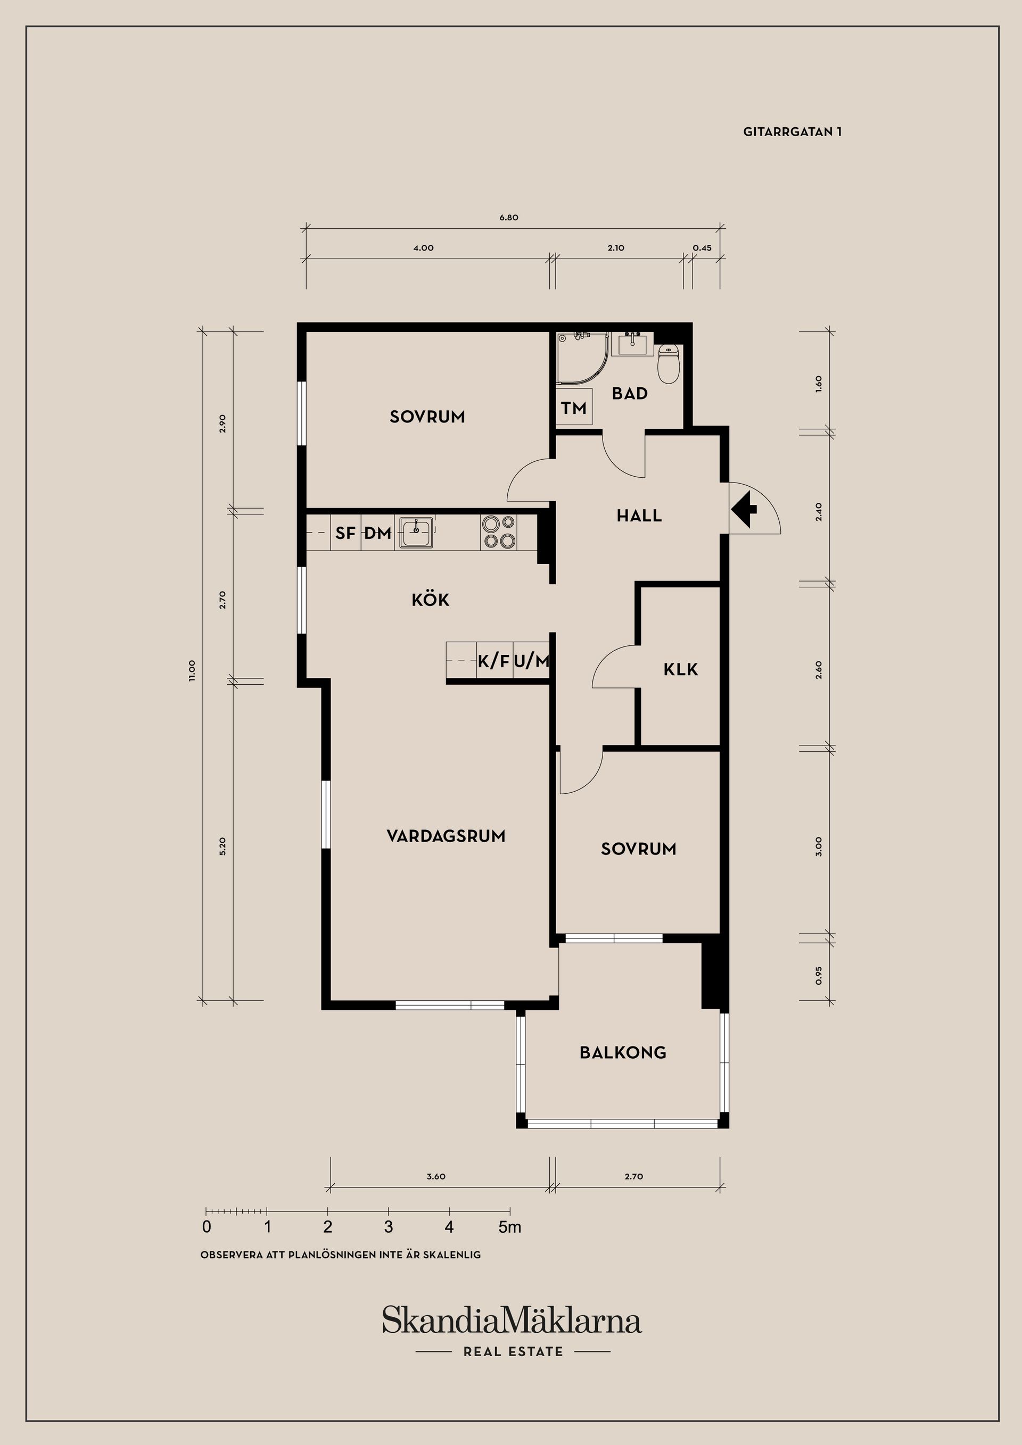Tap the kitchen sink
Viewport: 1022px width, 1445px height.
tap(416, 533)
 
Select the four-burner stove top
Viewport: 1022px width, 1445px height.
tap(498, 533)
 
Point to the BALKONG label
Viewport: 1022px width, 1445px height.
tap(623, 1052)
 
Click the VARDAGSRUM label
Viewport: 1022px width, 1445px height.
tap(446, 836)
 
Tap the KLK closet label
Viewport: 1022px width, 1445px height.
tap(681, 669)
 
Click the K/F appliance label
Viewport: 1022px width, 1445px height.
tap(493, 661)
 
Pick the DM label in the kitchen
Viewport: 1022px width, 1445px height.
tap(378, 533)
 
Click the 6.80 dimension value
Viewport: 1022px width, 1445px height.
tap(509, 218)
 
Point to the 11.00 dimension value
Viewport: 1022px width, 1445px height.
tap(192, 670)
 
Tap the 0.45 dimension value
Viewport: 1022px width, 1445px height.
tap(702, 248)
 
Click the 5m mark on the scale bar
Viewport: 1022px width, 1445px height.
tap(510, 1227)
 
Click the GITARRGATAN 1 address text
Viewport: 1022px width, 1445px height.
tap(792, 131)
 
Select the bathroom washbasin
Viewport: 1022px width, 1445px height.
tap(632, 344)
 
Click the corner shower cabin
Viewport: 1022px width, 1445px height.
tap(582, 358)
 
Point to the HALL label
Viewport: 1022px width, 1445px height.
tap(639, 516)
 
